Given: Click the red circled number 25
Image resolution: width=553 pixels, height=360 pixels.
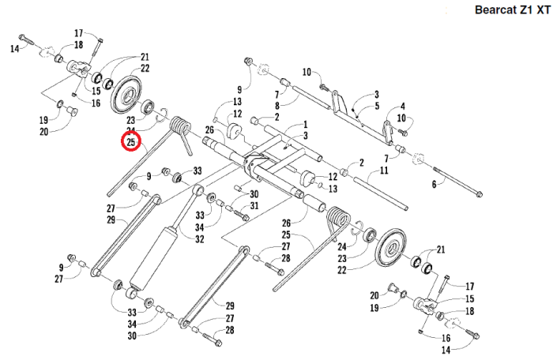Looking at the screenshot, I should (x=130, y=142).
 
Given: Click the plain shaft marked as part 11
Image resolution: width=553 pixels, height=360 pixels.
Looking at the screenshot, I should (x=379, y=190).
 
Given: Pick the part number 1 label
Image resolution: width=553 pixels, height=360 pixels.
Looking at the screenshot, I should (x=283, y=125).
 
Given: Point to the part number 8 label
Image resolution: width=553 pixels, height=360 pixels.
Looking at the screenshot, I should (x=276, y=105).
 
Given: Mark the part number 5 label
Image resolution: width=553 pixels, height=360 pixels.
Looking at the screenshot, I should (x=378, y=105).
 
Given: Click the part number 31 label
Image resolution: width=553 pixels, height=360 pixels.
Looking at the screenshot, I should (x=254, y=206).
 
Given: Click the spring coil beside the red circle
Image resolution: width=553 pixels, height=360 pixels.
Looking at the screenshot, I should (x=182, y=126).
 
